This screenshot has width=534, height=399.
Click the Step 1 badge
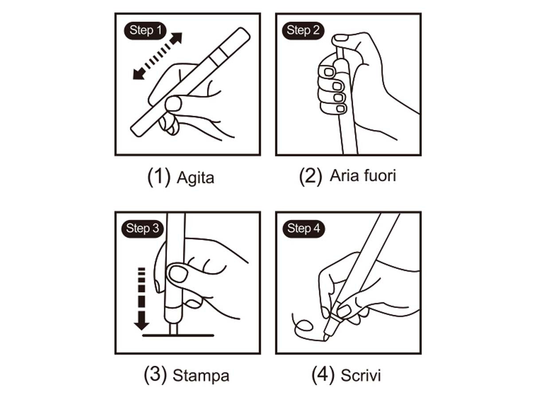coord(145,31)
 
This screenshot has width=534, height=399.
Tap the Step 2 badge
coord(303,31)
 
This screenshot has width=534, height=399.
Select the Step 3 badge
coord(142,229)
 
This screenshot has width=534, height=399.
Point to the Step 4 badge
coord(304,229)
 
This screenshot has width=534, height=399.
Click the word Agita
coord(195,178)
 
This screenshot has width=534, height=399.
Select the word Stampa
coord(201,376)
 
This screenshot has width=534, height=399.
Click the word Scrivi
coord(361,376)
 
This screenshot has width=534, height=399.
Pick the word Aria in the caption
coord(344,176)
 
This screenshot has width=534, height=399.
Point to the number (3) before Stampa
coord(156,375)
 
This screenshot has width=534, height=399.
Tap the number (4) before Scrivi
coord(324,375)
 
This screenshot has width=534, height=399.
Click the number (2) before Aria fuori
coord(311,176)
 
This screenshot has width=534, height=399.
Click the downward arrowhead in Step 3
coord(142,321)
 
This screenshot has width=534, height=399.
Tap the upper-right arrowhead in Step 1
coord(176,39)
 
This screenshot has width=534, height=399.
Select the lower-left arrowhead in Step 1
coord(139,74)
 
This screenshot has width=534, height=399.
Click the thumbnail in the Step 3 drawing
coord(178,274)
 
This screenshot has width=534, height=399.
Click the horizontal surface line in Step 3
coord(178,336)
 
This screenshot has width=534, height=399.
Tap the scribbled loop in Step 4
coord(304,326)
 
